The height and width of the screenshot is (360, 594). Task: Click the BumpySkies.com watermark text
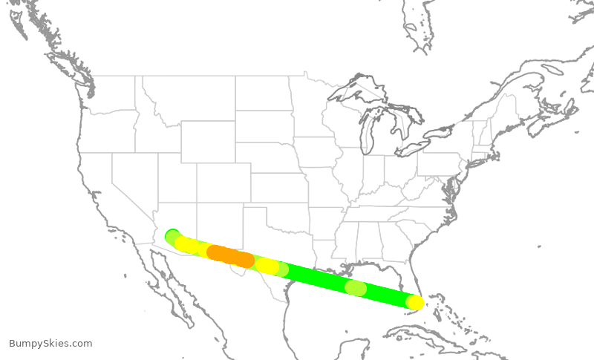pos(50,343)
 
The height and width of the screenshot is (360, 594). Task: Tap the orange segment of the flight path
pos(230,256)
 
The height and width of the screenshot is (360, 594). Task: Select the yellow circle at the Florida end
pos(415,302)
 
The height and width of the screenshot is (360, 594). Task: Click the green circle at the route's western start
pos(172,236)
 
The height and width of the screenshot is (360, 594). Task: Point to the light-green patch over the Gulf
pos(356,287)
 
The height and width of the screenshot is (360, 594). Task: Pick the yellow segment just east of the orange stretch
pos(267,266)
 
